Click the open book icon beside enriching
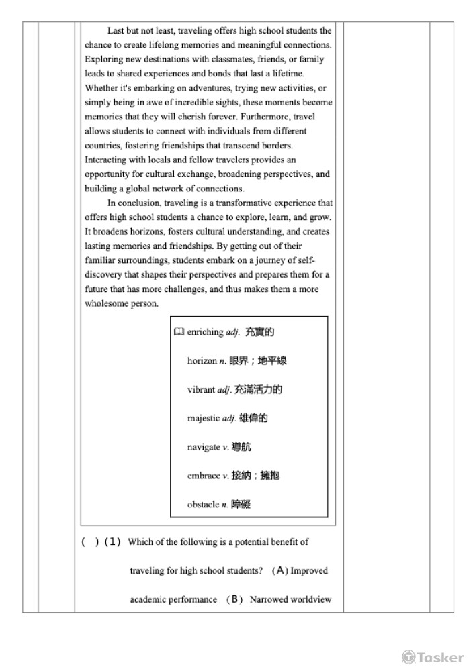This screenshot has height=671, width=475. (x=179, y=332)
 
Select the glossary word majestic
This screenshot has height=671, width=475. (x=203, y=418)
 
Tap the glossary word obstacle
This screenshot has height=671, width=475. (x=203, y=504)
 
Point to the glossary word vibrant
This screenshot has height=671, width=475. (x=201, y=389)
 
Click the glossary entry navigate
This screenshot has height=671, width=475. (x=204, y=447)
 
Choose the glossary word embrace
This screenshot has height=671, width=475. (x=204, y=476)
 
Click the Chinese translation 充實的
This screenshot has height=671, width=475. (x=260, y=332)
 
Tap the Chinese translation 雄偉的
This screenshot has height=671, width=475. (x=253, y=418)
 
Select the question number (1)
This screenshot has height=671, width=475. (x=113, y=542)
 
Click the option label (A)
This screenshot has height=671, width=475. (x=280, y=571)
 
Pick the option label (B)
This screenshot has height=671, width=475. (x=234, y=600)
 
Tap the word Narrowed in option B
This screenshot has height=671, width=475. (x=268, y=600)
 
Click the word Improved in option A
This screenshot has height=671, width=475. (x=309, y=571)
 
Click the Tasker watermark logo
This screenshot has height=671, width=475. (x=433, y=657)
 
